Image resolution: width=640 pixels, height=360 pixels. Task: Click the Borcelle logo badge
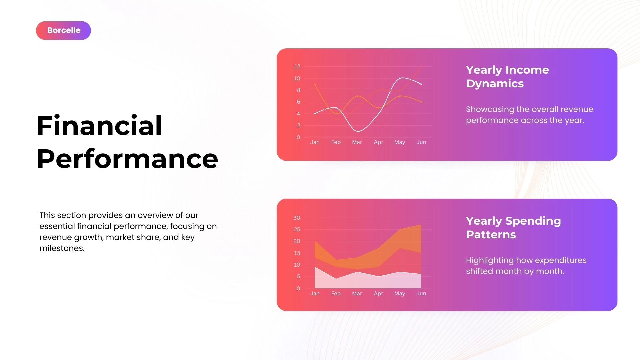pyautogui.click(x=63, y=30)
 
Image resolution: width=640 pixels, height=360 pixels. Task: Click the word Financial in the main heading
pyautogui.click(x=99, y=126)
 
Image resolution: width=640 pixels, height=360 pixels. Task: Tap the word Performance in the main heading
pyautogui.click(x=127, y=159)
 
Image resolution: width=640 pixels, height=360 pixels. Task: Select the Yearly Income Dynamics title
pyautogui.click(x=507, y=77)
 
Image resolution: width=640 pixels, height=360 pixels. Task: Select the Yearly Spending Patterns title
pyautogui.click(x=513, y=228)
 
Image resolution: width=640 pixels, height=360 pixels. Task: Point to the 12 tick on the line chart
pyautogui.click(x=297, y=66)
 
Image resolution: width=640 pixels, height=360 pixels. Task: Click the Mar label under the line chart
pyautogui.click(x=357, y=142)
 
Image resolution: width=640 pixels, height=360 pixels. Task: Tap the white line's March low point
pyautogui.click(x=358, y=131)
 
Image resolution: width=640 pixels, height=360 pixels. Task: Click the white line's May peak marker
pyautogui.click(x=400, y=78)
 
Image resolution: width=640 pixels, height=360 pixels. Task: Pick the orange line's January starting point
pyautogui.click(x=315, y=84)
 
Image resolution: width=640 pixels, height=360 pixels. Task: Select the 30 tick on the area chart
pyautogui.click(x=297, y=218)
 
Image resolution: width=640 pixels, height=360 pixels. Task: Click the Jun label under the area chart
pyautogui.click(x=421, y=293)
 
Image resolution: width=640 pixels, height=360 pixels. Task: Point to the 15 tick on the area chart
pyautogui.click(x=297, y=253)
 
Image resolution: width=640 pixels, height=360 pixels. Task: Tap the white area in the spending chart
pyautogui.click(x=367, y=282)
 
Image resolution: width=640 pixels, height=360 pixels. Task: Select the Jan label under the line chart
pyautogui.click(x=315, y=142)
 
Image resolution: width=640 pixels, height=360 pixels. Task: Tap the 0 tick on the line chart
pyautogui.click(x=298, y=137)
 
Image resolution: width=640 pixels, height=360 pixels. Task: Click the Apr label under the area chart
pyautogui.click(x=378, y=293)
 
